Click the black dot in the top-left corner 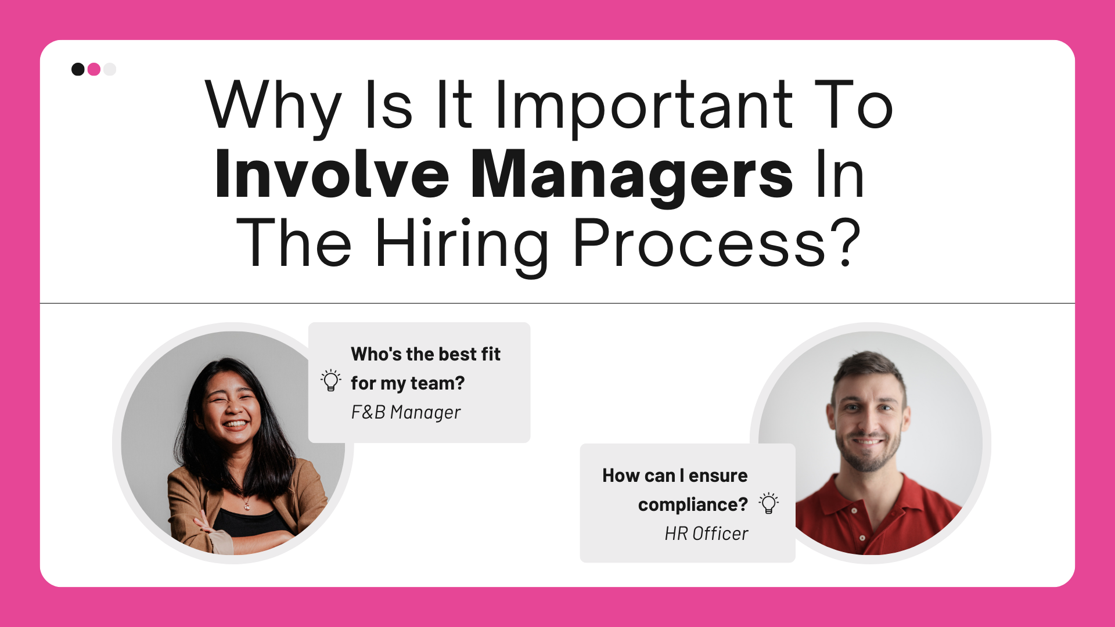tap(78, 70)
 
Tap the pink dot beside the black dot tap(94, 70)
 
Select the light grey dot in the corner tap(110, 70)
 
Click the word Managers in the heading tap(631, 174)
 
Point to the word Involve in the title tap(332, 174)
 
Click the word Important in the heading tap(644, 106)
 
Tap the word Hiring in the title tap(462, 244)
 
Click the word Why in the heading tap(273, 106)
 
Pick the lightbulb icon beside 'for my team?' tap(331, 381)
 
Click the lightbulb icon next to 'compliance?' tap(769, 503)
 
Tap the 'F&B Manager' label tap(405, 412)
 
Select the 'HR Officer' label tap(706, 534)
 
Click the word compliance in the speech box tap(688, 505)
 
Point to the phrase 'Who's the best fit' tap(425, 354)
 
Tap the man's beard tap(868, 459)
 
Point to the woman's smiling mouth tap(235, 424)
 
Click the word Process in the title tap(699, 244)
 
